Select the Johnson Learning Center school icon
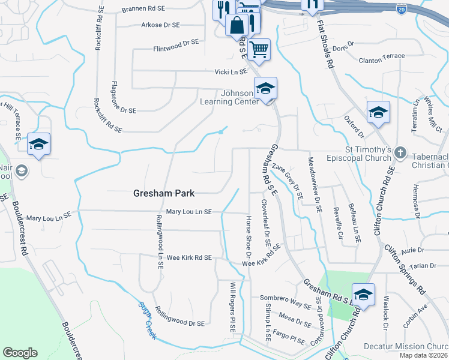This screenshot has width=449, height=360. coord(265,89)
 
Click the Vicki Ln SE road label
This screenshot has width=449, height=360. coord(231,71)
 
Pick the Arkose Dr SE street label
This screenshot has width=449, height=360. coord(160,25)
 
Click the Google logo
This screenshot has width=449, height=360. coord(20,353)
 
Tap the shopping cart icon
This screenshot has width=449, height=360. coord(259,49)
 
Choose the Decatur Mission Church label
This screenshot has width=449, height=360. coord(406,347)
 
